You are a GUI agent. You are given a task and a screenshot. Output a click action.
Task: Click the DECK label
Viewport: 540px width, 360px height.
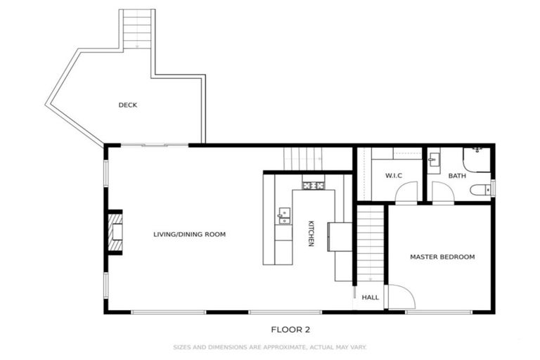coord(127,105)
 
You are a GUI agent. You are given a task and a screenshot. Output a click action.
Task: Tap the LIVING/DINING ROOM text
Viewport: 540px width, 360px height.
coord(189,234)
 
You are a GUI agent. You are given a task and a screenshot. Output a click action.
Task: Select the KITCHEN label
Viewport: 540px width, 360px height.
coord(311,234)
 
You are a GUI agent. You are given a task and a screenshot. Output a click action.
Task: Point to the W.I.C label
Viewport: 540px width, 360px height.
coord(393,175)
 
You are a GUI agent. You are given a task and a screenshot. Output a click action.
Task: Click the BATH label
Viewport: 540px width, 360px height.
coord(457,176)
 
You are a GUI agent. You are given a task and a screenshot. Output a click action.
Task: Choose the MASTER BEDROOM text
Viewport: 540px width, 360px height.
coord(442,257)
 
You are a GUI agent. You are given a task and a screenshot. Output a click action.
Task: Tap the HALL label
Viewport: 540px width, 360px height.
coord(370,297)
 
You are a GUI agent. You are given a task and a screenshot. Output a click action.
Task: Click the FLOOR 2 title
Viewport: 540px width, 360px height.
coord(290,328)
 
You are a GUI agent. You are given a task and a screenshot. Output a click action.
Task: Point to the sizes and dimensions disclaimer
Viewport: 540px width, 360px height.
coord(270,347)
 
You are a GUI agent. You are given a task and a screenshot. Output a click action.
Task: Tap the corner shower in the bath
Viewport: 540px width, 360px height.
coord(477,158)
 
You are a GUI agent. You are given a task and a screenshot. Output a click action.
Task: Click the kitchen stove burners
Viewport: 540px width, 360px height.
coord(314,186)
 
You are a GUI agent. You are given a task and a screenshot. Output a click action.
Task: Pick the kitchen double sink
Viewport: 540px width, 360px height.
coord(284,215)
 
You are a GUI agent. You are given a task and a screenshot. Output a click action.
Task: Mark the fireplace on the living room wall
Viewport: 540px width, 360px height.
coord(116,231)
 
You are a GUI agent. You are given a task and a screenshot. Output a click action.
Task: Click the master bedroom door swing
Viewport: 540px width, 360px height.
coord(398,298)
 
